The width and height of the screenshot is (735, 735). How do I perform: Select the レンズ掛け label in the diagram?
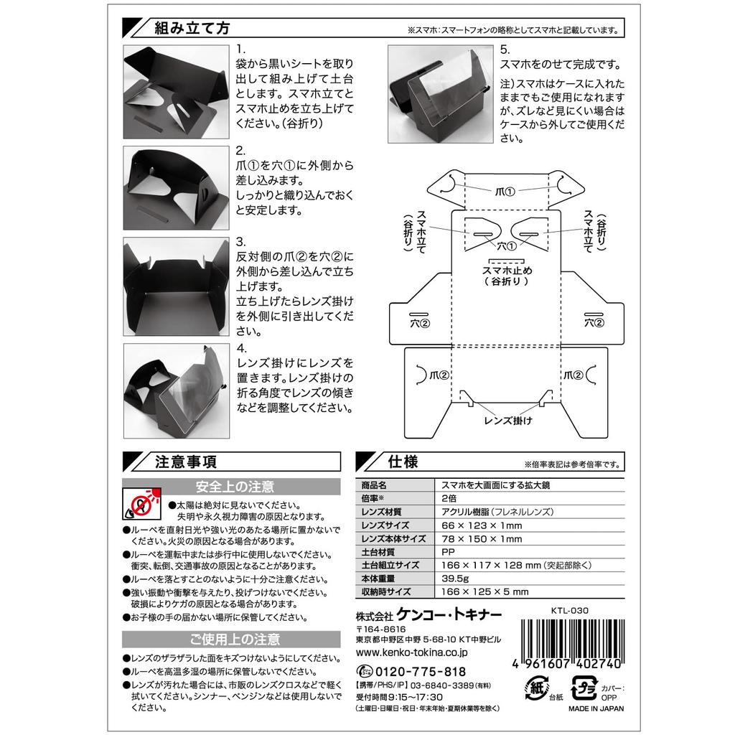(508, 421)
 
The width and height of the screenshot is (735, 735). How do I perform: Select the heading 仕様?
(403, 462)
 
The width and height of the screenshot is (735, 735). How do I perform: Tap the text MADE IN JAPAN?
(596, 708)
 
